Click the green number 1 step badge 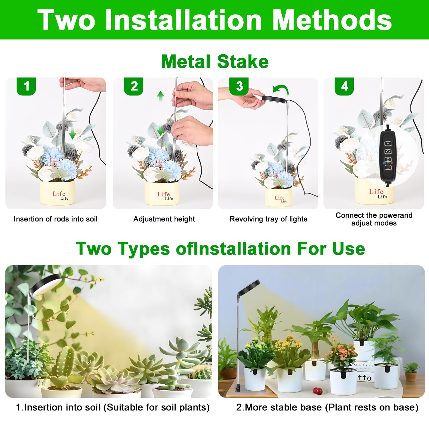coord(26,86)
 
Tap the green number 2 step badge coord(134,86)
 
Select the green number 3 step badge coord(239,86)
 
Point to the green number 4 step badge coord(344,86)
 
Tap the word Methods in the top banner coord(332,20)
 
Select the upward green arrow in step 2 coord(161,96)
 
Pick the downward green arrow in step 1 coord(73,133)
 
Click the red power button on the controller coord(388,167)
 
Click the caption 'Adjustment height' coord(164,219)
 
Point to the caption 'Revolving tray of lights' coord(268,219)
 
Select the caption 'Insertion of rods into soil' coord(55,219)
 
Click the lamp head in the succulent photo coord(46,285)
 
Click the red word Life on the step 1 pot coord(59,194)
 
